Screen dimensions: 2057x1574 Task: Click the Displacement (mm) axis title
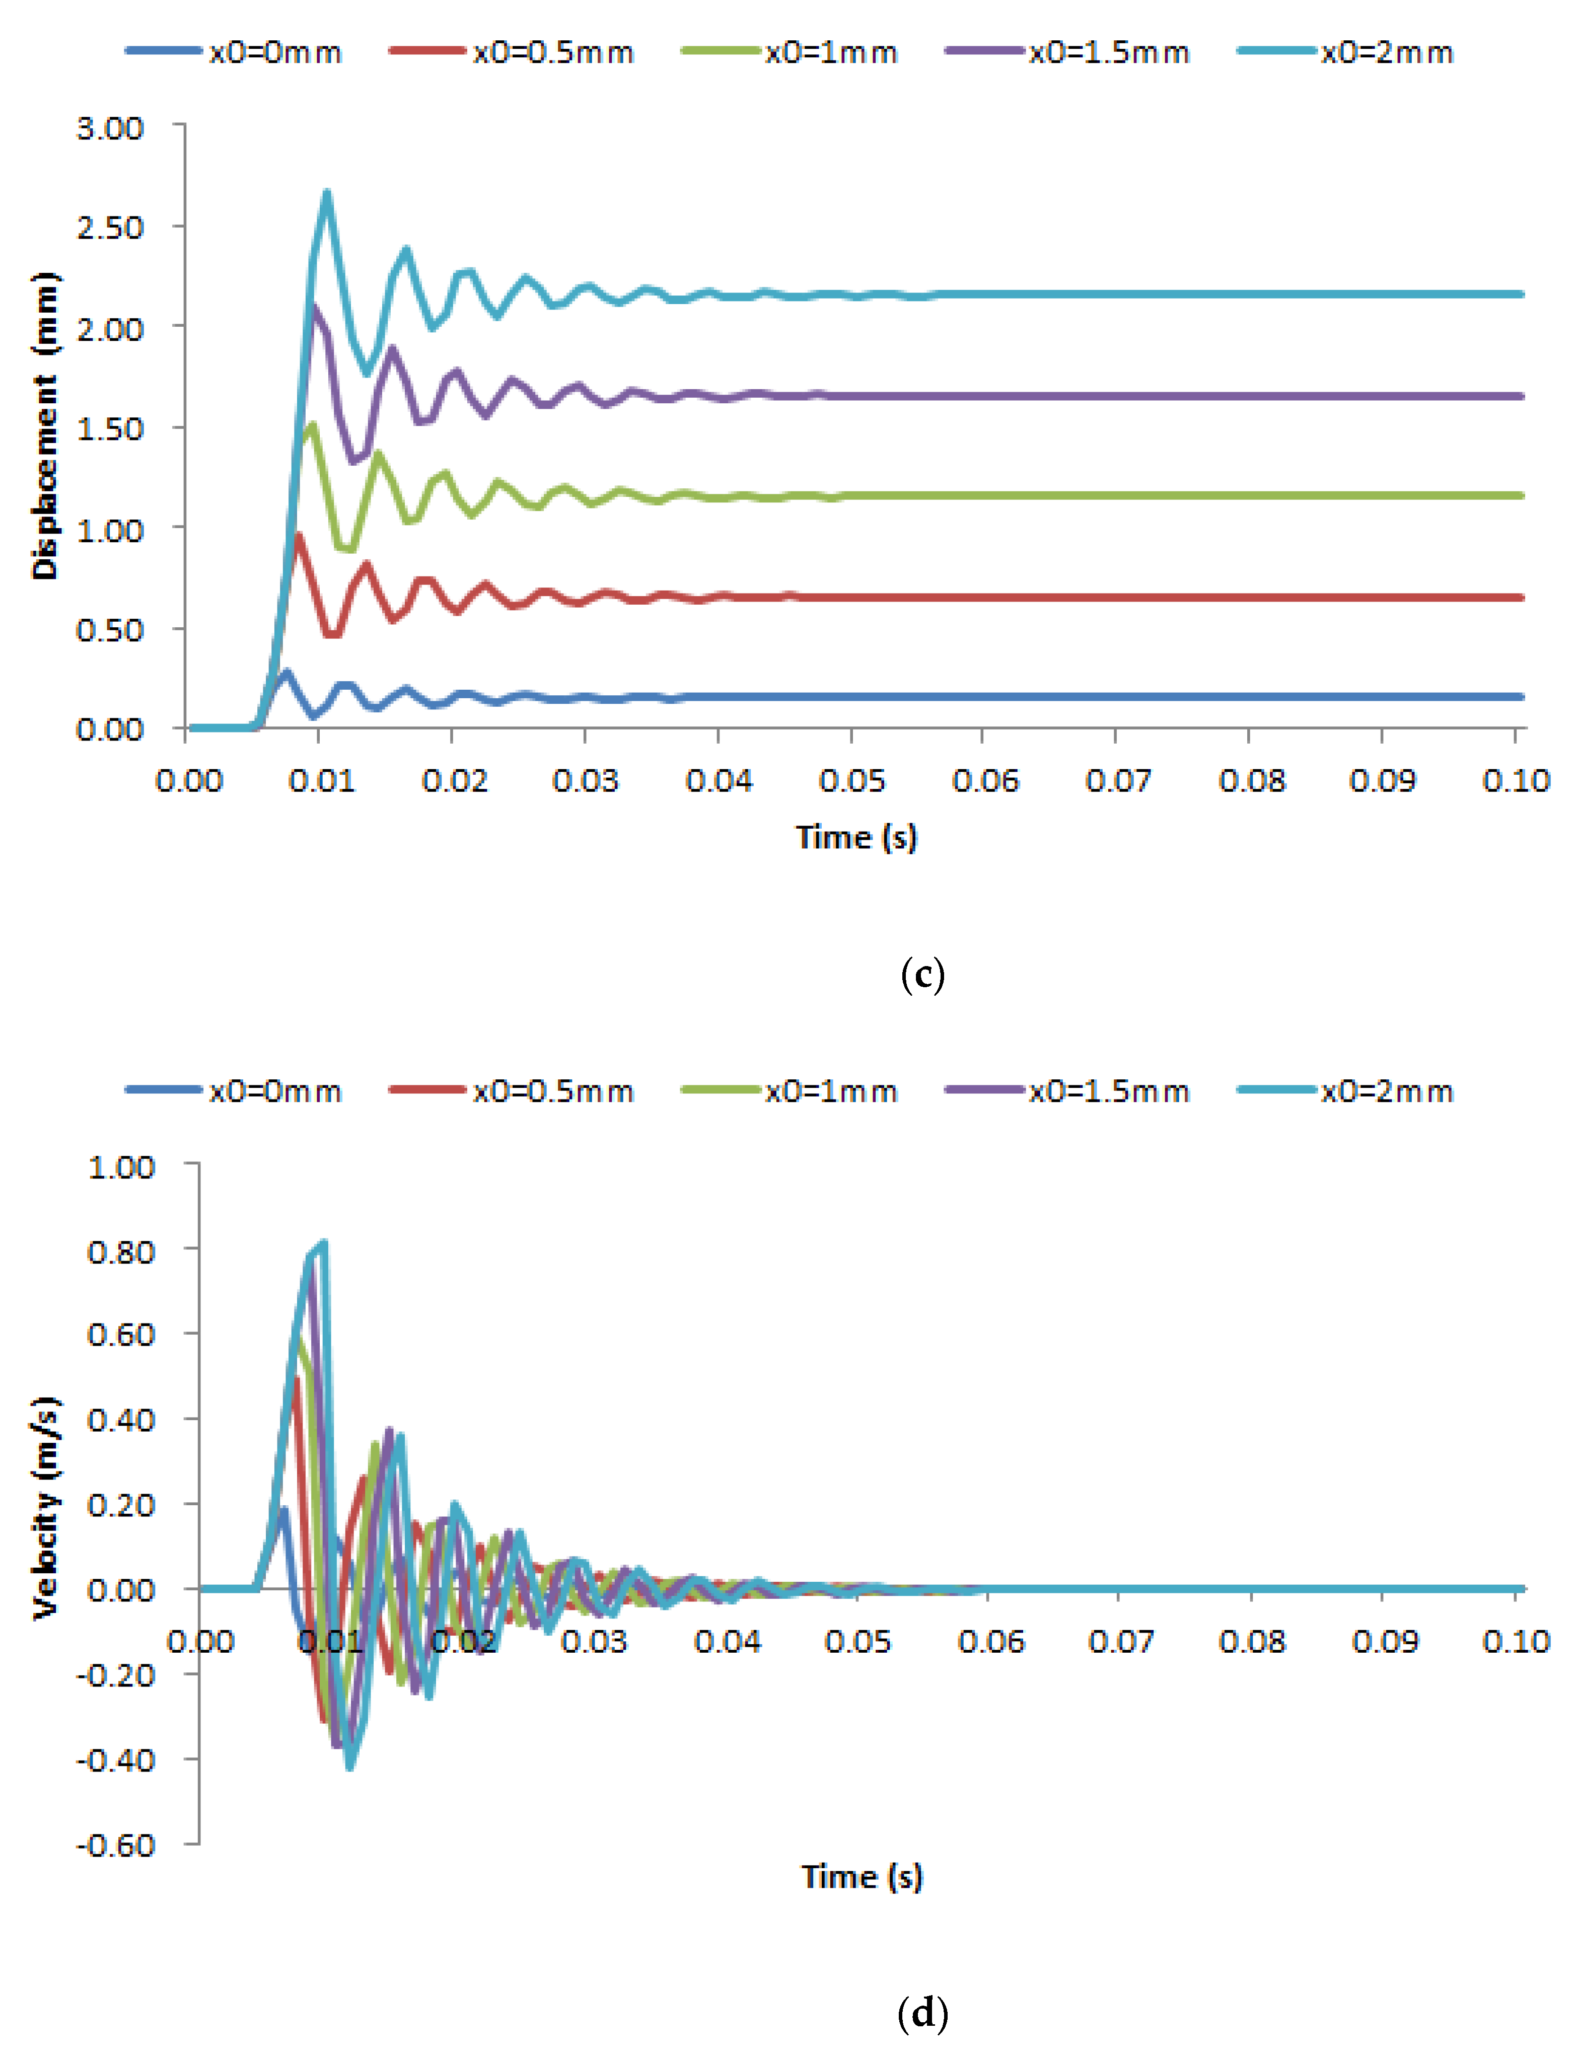(44, 426)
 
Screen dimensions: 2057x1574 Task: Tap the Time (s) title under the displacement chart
(856, 837)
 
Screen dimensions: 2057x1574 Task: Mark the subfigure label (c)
(922, 975)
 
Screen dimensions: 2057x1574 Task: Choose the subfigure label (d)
(922, 2012)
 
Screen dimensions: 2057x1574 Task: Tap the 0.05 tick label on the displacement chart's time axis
(851, 780)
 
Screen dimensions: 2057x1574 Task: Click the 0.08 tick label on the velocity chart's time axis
(1252, 1641)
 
